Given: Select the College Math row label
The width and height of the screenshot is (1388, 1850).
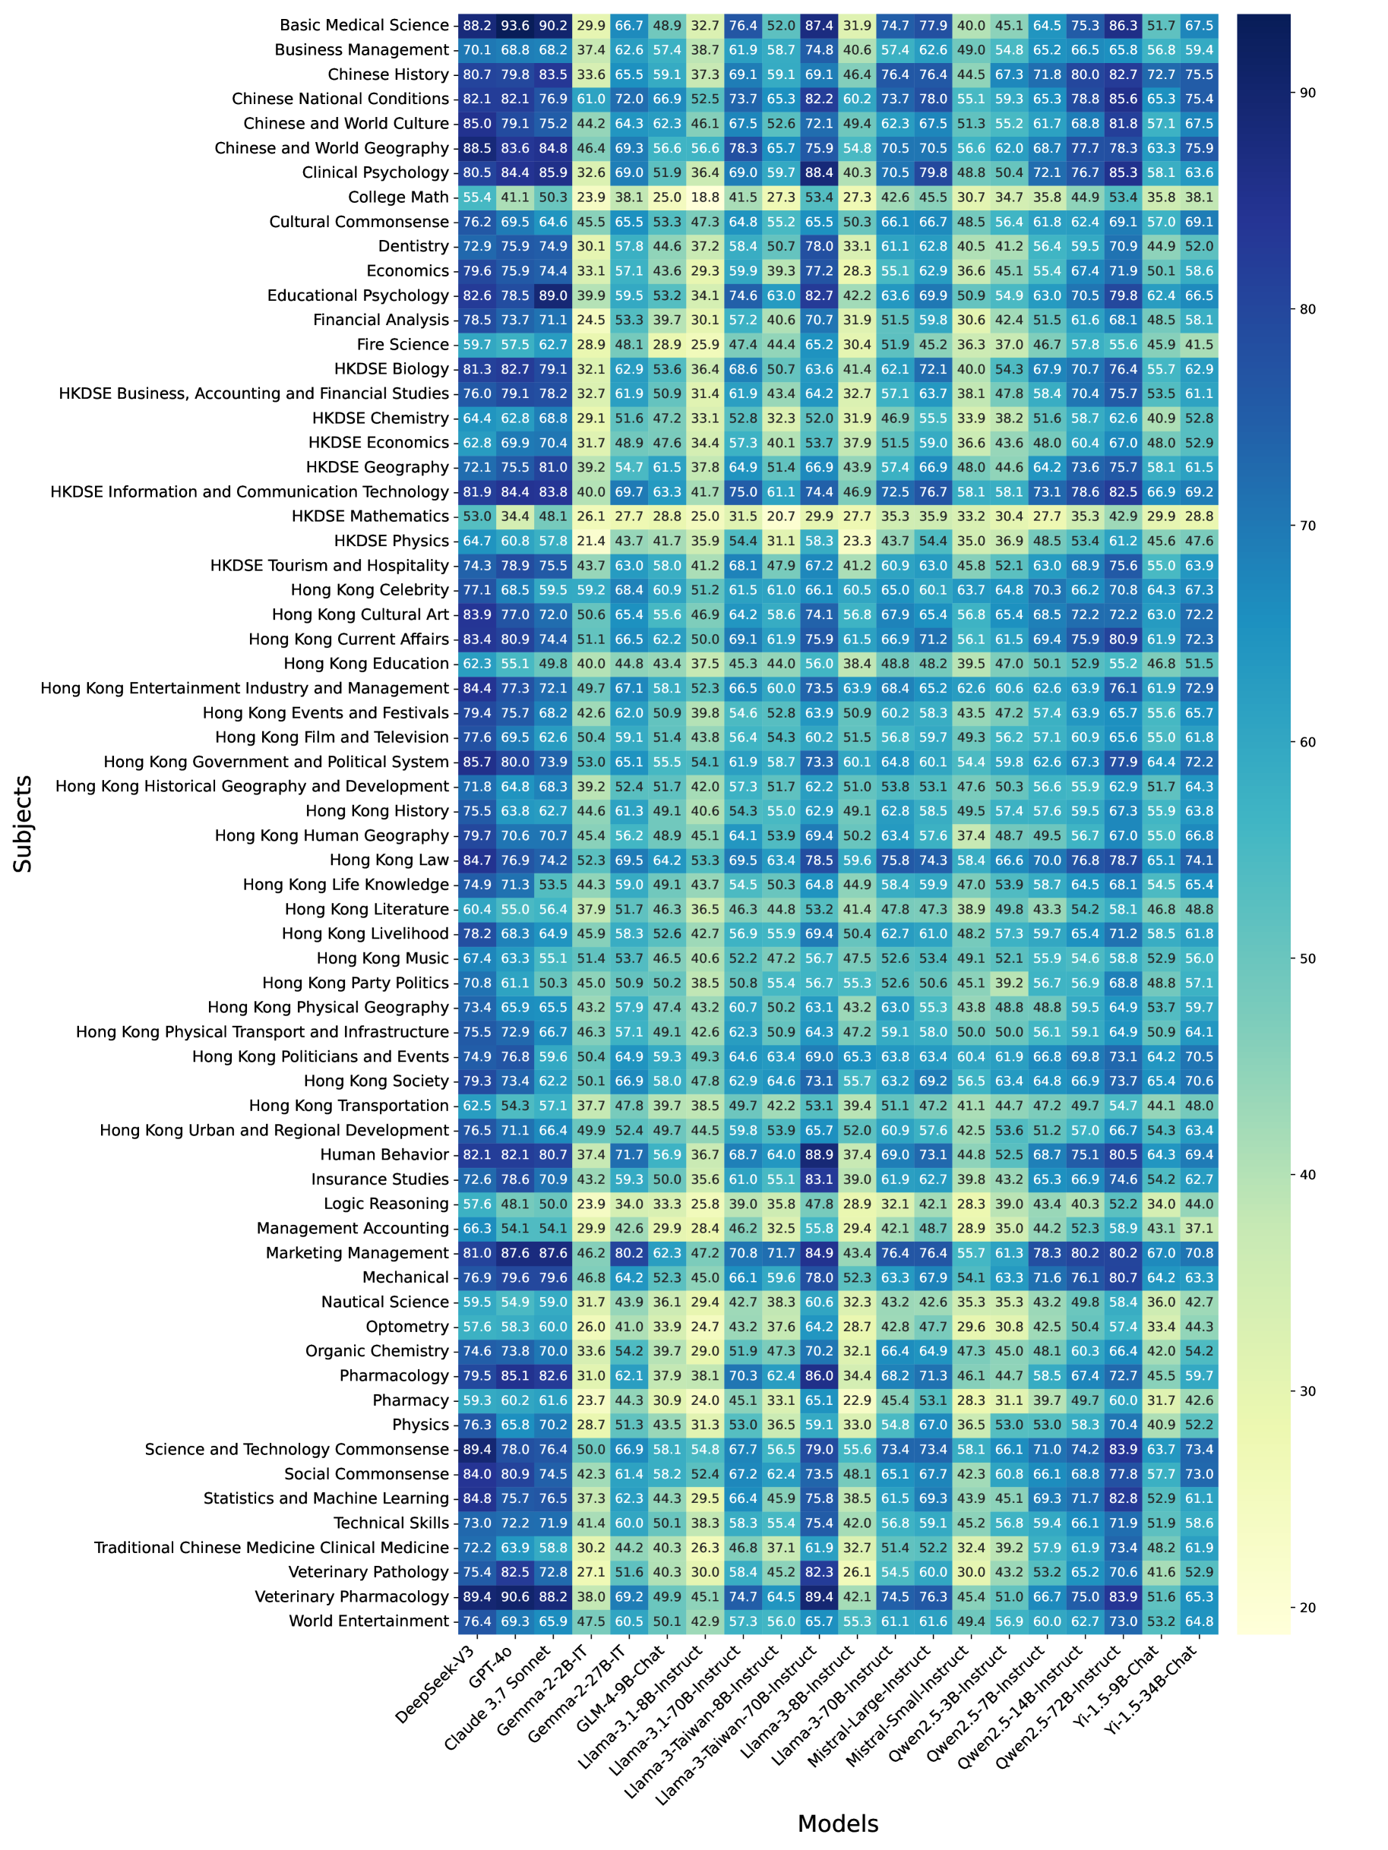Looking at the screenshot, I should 398,197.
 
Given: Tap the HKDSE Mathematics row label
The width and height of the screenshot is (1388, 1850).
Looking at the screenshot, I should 370,516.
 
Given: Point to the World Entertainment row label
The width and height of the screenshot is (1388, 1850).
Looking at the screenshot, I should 368,1621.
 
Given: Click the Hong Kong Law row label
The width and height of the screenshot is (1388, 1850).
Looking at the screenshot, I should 389,860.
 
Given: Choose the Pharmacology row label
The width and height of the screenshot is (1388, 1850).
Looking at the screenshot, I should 394,1376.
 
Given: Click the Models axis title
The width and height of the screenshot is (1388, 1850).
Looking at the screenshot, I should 837,1823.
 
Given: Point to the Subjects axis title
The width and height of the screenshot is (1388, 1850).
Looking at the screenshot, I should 24,824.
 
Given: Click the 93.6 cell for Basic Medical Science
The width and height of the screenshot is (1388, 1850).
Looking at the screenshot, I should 515,25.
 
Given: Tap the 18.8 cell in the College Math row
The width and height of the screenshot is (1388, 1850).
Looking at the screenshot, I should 704,197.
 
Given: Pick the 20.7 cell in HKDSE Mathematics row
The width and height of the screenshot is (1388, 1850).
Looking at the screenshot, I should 780,516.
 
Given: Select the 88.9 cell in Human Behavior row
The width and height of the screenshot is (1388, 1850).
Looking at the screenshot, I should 819,1154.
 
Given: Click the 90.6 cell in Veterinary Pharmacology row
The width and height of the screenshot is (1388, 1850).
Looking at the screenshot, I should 515,1596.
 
